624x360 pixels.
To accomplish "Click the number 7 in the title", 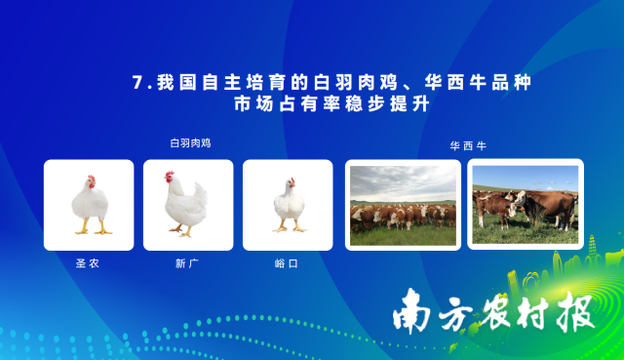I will (x=136, y=83).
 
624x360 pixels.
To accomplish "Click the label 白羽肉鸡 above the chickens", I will (x=190, y=143).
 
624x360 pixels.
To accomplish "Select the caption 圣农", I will (x=88, y=263).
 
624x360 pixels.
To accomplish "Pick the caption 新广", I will (x=187, y=263).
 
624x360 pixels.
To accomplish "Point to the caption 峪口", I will (x=287, y=263).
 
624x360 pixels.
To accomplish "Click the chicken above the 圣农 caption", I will (x=90, y=205).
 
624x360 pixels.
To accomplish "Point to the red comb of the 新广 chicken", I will (x=168, y=175).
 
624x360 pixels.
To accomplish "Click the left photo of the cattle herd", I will (x=403, y=205).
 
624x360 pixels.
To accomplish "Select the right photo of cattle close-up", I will (x=526, y=204).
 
